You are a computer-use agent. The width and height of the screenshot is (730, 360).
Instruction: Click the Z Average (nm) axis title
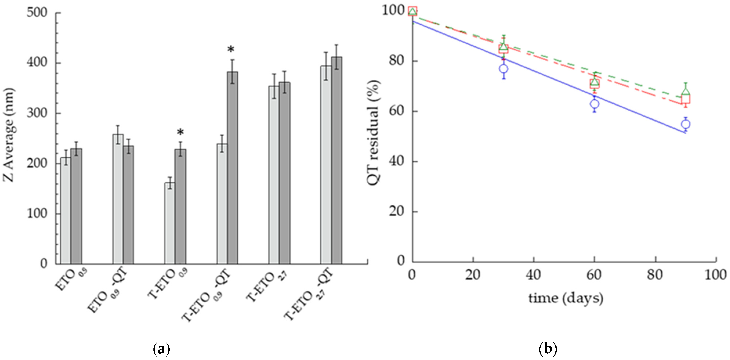9,135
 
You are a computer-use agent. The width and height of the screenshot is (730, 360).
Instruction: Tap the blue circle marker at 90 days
686,124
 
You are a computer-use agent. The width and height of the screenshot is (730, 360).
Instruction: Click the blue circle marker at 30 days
503,69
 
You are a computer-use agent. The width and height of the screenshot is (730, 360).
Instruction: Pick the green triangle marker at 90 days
686,92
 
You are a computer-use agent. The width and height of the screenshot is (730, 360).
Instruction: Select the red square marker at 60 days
595,84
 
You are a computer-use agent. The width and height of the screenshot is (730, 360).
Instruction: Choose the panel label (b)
548,349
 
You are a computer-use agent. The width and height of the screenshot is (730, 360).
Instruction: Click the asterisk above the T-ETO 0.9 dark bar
180,133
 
